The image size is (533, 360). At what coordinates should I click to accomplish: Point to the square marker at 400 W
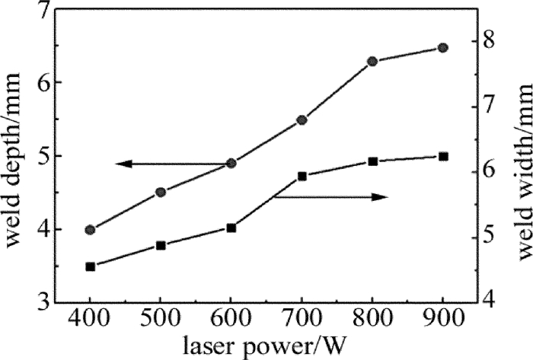pyautogui.click(x=90, y=266)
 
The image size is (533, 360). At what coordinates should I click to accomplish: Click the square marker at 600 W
pyautogui.click(x=231, y=228)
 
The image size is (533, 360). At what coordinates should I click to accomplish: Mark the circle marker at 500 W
pyautogui.click(x=161, y=192)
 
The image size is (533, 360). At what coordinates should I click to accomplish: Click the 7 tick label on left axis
pyautogui.click(x=41, y=11)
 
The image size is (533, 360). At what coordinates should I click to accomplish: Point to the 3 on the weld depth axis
pyautogui.click(x=41, y=301)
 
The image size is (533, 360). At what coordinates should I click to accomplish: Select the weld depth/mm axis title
pyautogui.click(x=14, y=156)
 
